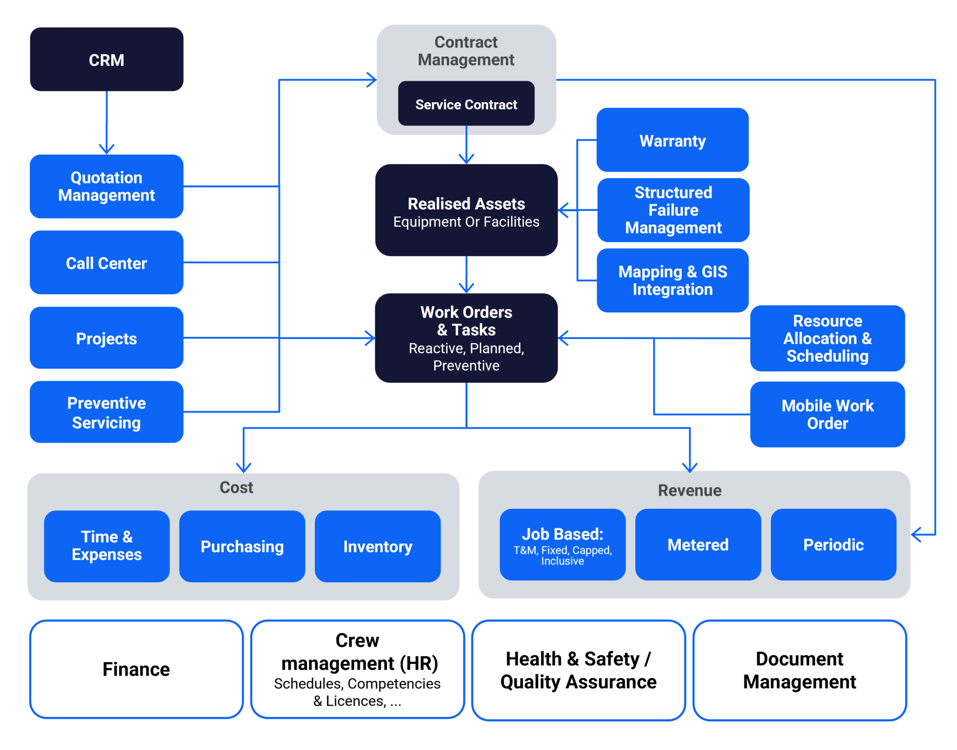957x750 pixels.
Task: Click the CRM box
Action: click(x=107, y=59)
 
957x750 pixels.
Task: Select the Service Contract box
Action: click(x=466, y=104)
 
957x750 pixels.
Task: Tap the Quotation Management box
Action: click(x=107, y=186)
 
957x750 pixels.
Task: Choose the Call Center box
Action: click(x=107, y=263)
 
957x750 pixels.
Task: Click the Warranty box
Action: click(x=672, y=140)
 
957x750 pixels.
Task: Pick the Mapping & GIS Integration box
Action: click(x=672, y=280)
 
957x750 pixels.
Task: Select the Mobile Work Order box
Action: click(x=827, y=414)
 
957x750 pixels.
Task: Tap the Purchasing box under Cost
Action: click(x=242, y=546)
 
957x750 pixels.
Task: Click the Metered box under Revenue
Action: click(x=698, y=544)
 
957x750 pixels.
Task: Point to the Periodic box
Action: click(x=833, y=544)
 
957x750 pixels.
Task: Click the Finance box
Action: click(x=136, y=669)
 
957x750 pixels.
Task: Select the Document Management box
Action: click(x=799, y=670)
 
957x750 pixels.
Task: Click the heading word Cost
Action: click(x=236, y=487)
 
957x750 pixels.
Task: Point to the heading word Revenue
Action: click(x=689, y=490)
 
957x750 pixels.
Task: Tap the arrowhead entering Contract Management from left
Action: click(x=372, y=80)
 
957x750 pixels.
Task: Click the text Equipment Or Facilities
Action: click(x=466, y=221)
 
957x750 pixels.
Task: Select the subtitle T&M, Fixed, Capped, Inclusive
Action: click(x=562, y=555)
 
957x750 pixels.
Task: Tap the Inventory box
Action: click(x=378, y=546)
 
